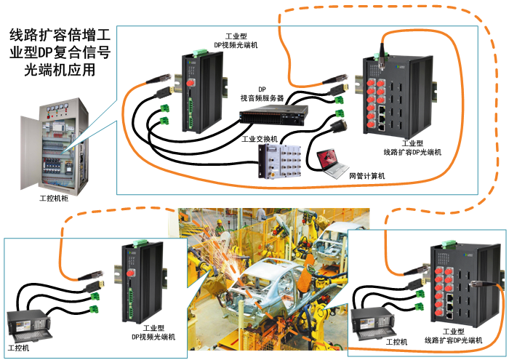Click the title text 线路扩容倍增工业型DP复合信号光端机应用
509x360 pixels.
click(60, 53)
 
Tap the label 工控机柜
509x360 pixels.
click(54, 198)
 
